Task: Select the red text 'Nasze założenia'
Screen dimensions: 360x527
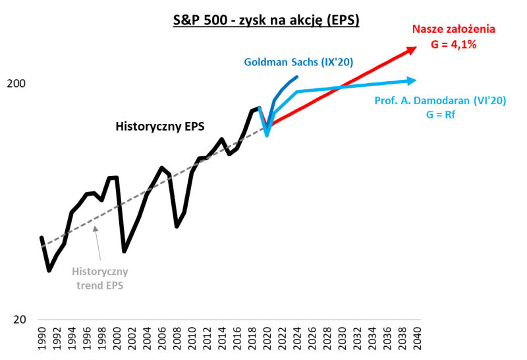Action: coord(454,29)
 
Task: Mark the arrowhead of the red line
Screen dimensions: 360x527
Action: coord(412,48)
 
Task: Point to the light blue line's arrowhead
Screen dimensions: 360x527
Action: coord(412,80)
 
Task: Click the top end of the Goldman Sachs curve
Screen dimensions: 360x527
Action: coord(297,77)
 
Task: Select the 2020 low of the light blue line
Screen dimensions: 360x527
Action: coord(267,135)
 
